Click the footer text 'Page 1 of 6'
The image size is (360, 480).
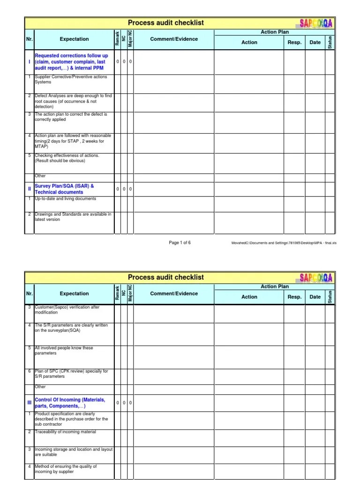tap(180, 243)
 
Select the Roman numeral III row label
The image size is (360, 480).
tap(29, 403)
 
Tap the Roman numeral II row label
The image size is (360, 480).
tap(29, 189)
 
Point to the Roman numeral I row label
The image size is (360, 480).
tap(29, 62)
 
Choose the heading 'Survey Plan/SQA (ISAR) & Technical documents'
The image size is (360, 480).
tap(64, 189)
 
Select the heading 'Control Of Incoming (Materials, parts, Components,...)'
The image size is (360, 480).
tap(70, 403)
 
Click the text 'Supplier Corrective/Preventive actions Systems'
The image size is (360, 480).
tap(71, 79)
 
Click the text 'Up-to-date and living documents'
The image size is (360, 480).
tap(65, 199)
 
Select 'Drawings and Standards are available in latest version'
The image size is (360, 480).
tap(73, 217)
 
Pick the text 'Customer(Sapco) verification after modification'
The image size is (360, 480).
tap(67, 310)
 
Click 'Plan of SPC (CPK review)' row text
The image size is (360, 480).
tap(71, 374)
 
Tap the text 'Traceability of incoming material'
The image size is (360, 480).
tap(65, 432)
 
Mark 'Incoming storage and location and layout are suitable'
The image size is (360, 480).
tap(74, 452)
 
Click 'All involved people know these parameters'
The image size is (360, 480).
tap(64, 351)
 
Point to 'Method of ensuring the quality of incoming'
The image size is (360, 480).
tap(66, 469)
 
